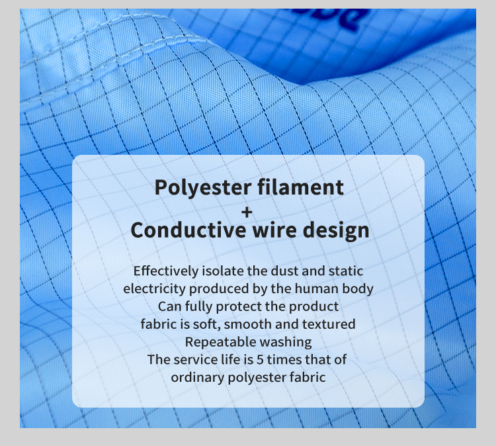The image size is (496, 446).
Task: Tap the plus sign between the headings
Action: pyautogui.click(x=247, y=212)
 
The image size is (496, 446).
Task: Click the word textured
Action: pyautogui.click(x=329, y=324)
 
